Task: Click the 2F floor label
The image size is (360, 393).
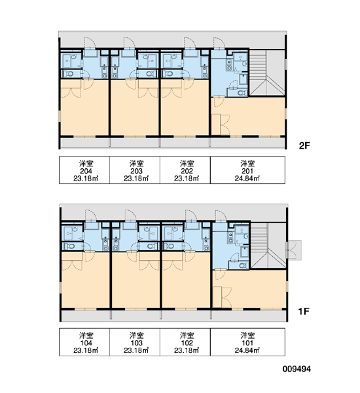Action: point(304,145)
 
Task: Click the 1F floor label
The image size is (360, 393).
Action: point(304,311)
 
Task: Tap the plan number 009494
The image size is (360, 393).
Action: point(297,369)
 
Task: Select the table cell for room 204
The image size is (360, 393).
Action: point(84,170)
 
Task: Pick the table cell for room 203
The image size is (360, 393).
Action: point(135,170)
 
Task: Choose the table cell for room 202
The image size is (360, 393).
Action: point(185,170)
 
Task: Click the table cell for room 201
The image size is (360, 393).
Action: point(247,170)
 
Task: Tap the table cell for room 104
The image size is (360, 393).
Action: point(84,342)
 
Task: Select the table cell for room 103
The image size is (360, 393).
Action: point(135,342)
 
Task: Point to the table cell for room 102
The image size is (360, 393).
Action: point(185,342)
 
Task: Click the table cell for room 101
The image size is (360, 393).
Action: point(247,342)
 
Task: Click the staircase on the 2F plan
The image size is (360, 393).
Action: point(267,73)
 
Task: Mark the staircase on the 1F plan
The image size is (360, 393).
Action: point(268,246)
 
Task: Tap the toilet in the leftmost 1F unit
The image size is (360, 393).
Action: point(69,246)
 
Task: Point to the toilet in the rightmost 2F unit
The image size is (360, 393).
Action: point(242,93)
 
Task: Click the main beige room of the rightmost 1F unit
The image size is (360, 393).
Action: point(249,289)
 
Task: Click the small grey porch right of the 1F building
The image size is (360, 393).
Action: point(294,250)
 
